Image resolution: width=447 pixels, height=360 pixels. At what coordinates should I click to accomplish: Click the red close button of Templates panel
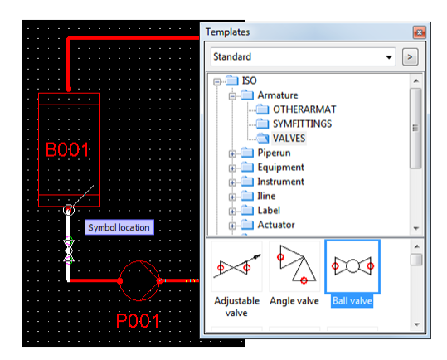(419, 32)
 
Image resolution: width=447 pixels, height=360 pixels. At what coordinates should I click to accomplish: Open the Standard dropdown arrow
(389, 57)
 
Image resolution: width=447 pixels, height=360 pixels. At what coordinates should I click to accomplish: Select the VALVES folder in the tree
(289, 139)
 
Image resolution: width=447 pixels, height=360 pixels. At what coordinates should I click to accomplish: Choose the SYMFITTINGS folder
(302, 124)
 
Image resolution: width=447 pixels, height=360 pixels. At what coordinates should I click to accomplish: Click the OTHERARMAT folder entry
(304, 109)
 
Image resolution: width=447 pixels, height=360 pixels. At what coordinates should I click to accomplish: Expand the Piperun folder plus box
(232, 154)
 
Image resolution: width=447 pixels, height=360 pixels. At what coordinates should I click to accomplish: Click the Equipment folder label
(281, 168)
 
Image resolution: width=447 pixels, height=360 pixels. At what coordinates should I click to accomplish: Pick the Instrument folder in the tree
(281, 182)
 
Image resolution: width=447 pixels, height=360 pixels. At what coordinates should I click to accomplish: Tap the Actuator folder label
(276, 225)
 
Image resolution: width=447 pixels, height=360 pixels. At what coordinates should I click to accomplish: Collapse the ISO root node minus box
(217, 82)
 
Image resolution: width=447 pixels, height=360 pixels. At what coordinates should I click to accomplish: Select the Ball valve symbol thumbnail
(352, 266)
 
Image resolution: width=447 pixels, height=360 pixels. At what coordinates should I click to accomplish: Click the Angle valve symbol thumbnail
(294, 266)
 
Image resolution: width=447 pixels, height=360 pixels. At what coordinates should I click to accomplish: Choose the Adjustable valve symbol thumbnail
(237, 266)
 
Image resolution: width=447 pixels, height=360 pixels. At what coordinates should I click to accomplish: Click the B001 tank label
(67, 149)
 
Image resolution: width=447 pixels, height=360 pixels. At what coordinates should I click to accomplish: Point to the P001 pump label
(138, 321)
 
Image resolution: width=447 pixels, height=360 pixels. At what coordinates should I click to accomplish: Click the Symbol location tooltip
(119, 227)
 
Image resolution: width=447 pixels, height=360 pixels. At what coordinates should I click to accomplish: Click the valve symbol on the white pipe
(68, 251)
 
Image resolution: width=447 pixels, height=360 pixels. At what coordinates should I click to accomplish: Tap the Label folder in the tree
(269, 211)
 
